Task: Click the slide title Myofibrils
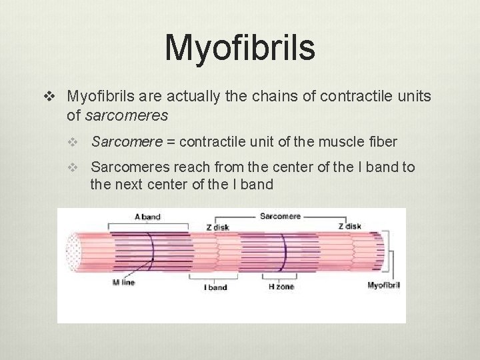tap(239, 47)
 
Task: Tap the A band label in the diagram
tap(147, 217)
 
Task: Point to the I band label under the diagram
tap(215, 287)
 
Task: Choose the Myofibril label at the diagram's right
tap(383, 285)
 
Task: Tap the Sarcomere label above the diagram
tap(280, 216)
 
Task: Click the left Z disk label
tap(217, 227)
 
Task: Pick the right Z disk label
tap(349, 226)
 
